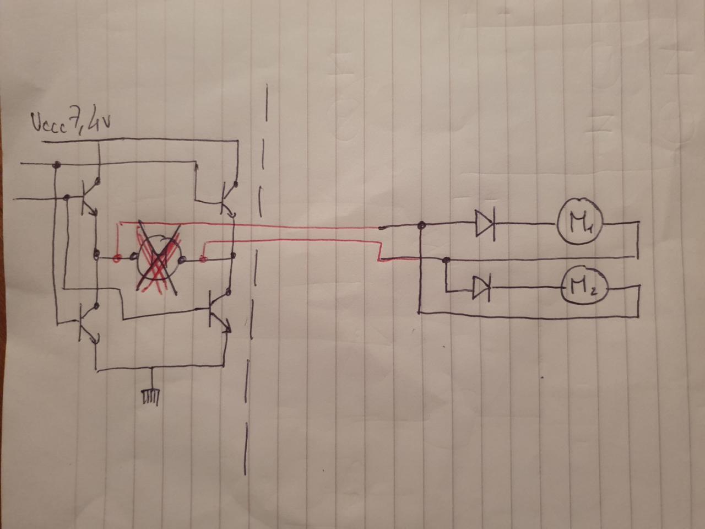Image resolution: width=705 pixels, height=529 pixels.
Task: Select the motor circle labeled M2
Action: (584, 287)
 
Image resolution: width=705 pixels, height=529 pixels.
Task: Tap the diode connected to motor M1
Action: (485, 223)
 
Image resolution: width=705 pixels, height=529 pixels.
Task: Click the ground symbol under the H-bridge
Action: (150, 395)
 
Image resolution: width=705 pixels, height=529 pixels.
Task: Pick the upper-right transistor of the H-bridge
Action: (226, 198)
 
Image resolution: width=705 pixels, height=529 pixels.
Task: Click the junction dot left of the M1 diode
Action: (421, 225)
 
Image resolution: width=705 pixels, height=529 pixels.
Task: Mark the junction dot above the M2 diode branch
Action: (446, 260)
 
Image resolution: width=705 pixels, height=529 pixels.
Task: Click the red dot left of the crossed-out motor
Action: (117, 257)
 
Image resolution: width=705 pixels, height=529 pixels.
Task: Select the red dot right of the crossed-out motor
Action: (203, 258)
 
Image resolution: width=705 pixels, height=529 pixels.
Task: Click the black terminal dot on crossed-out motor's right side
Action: (182, 258)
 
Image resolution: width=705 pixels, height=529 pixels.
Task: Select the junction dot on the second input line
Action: (66, 197)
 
